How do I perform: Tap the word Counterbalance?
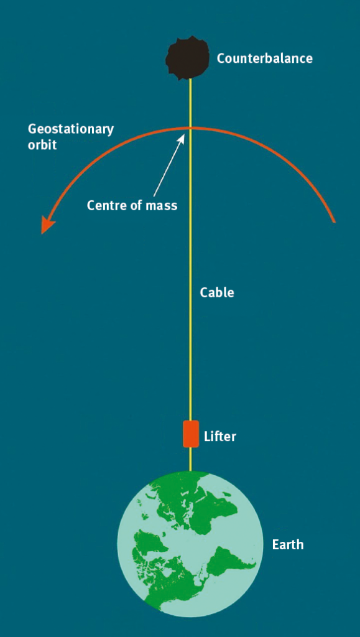pos(265,58)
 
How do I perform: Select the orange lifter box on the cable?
pos(191,434)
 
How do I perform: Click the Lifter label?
pos(219,437)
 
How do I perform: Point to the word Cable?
pos(217,292)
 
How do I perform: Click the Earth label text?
pos(288,544)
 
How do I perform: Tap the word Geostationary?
pos(71,131)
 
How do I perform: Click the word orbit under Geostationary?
pos(42,144)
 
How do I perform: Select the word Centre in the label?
pos(104,205)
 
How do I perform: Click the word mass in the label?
pos(162,205)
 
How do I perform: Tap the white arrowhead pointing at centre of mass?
pos(182,139)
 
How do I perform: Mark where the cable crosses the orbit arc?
pos(190,128)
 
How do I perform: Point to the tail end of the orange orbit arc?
pos(334,221)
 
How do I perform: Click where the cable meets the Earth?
pos(190,471)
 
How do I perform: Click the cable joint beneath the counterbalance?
pos(190,80)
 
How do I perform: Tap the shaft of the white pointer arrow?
pos(168,168)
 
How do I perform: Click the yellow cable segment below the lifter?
pos(190,459)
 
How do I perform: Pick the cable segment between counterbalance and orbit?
pos(190,104)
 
